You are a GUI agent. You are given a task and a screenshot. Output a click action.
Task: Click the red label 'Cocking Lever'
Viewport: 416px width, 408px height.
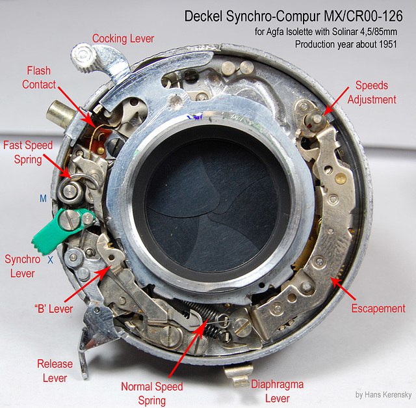coord(123,39)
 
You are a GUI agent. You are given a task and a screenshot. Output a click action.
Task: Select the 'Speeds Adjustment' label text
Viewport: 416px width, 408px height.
coord(372,92)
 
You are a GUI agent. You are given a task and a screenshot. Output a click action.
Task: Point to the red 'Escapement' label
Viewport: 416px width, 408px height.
coord(378,308)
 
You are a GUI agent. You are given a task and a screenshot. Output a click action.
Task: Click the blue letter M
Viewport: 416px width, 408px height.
coord(43,198)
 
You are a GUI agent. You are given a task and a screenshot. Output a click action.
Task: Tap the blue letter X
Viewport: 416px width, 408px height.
coord(51,260)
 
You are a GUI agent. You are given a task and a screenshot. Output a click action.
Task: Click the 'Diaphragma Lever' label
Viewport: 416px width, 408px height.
coord(278,391)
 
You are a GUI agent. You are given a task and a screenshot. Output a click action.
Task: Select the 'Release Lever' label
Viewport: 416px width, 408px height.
coord(55,371)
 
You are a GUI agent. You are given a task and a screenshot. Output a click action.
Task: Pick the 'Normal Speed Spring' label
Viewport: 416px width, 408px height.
coord(152,394)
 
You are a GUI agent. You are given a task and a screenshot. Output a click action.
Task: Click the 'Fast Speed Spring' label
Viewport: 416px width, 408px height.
coord(28,152)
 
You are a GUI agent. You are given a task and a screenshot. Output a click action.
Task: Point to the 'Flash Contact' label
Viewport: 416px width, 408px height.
coord(39,77)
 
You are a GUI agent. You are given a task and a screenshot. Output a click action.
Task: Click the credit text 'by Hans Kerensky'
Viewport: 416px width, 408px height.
coord(383,395)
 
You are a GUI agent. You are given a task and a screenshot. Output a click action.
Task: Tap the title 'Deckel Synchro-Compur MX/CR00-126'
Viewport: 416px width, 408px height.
coord(293,16)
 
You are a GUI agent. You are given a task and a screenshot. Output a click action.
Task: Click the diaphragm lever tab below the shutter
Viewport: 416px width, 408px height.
coord(239,374)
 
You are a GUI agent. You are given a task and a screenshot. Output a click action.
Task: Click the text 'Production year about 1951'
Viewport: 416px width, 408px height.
coord(346,44)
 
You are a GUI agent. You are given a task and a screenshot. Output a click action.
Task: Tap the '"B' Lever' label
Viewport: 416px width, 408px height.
coord(53,308)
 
